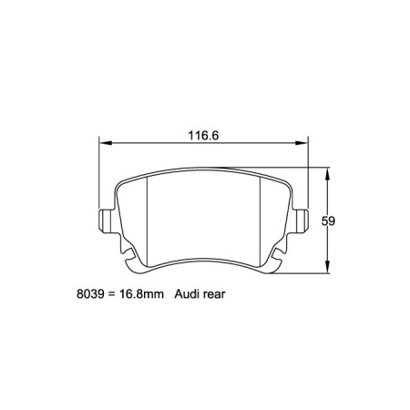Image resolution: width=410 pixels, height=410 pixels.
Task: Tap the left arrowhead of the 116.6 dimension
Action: pos(104,144)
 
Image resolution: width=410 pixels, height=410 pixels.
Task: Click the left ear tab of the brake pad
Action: pos(105,220)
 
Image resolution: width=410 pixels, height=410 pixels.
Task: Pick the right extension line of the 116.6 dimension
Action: pos(309,178)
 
